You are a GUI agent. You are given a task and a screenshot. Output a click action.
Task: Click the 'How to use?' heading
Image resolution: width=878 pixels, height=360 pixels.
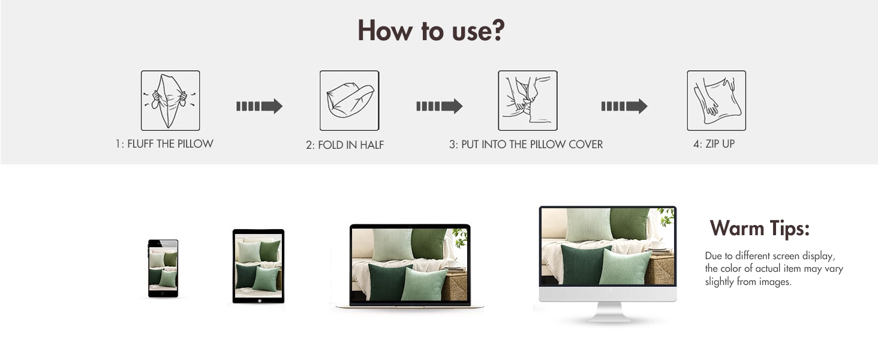click(x=431, y=31)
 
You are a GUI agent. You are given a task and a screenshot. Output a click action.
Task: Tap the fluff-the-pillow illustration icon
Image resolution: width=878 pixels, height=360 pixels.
click(x=170, y=100)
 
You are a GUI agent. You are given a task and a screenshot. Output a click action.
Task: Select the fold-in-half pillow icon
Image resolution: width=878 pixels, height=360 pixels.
click(x=349, y=100)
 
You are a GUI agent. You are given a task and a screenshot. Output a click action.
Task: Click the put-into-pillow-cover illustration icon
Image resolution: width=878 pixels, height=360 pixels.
click(x=528, y=100)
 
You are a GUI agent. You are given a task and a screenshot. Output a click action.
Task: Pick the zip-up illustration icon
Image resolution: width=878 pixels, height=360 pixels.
click(x=717, y=100)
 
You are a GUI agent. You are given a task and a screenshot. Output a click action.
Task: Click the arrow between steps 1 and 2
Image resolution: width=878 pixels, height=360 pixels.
click(x=259, y=106)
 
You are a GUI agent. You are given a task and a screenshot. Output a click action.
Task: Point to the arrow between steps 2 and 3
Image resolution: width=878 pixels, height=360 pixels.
click(x=440, y=106)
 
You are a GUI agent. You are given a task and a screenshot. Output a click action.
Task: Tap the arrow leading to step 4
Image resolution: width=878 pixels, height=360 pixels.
click(x=624, y=106)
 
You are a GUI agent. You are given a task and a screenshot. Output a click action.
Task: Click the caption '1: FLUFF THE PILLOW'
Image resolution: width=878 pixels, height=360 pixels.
click(x=164, y=144)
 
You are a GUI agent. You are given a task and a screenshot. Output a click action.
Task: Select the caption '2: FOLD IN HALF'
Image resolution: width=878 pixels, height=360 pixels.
click(x=345, y=145)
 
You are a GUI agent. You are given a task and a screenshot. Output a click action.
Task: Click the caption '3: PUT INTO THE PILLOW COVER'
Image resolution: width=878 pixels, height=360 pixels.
click(x=526, y=145)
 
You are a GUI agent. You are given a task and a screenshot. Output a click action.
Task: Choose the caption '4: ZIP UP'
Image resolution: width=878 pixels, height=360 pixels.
click(x=714, y=144)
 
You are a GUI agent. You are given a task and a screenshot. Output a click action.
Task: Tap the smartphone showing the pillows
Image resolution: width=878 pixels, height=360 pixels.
click(x=163, y=269)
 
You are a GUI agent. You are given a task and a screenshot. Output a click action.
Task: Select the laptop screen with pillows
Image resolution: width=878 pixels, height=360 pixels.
click(x=410, y=265)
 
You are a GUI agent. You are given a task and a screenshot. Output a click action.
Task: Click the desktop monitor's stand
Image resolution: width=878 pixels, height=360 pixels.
click(x=608, y=312)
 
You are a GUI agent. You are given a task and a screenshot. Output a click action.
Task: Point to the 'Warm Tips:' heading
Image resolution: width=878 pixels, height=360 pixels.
click(x=760, y=228)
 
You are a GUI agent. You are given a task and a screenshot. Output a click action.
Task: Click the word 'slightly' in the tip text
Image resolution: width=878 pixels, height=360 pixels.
click(x=719, y=282)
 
